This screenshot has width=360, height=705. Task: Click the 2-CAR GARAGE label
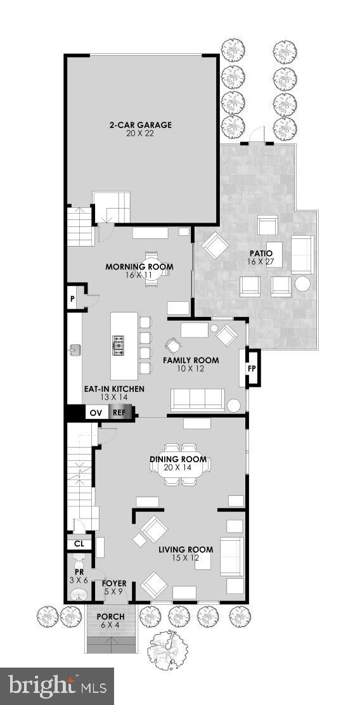tap(140, 125)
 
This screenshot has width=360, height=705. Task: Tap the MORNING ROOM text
tap(139, 267)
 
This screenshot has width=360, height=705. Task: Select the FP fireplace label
tap(252, 368)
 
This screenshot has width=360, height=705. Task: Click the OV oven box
tap(94, 412)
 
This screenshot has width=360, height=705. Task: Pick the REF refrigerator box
tap(118, 412)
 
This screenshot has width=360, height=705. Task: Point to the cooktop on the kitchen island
tap(118, 346)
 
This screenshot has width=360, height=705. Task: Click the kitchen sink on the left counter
tap(75, 349)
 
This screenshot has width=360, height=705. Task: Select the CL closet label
tap(79, 543)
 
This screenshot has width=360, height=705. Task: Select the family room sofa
tap(198, 399)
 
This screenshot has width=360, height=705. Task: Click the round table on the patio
tap(303, 284)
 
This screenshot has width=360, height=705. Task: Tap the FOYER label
tap(114, 584)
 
